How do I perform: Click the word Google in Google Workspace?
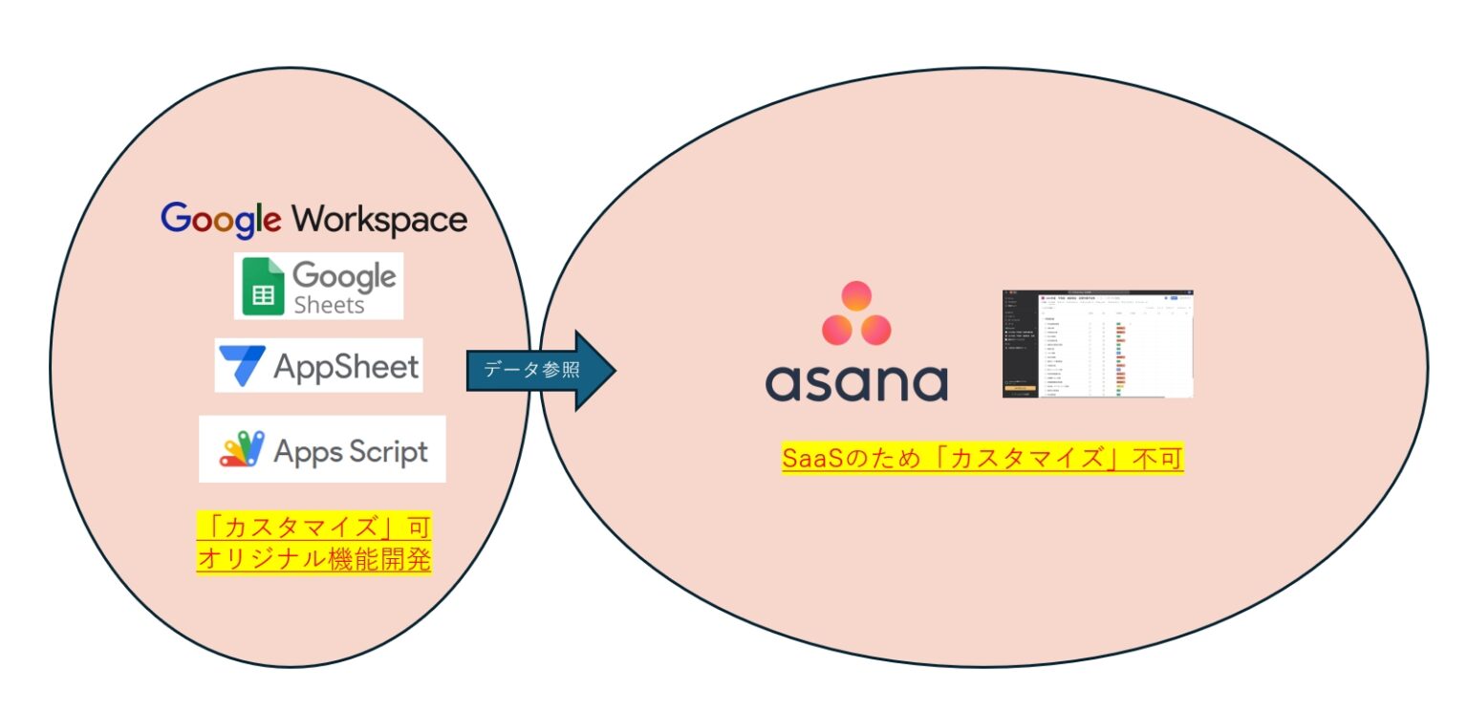[221, 220]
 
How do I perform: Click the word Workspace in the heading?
[379, 220]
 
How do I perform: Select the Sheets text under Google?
[329, 305]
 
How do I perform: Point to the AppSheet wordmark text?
[346, 366]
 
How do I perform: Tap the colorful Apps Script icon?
[242, 449]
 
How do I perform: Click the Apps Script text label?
[351, 451]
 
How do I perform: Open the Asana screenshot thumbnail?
[1097, 344]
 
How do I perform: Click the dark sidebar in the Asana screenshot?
[1020, 344]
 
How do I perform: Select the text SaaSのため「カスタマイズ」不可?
[982, 460]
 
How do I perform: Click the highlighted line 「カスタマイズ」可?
[313, 527]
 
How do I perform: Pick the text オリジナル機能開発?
[313, 558]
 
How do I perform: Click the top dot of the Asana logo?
[855, 295]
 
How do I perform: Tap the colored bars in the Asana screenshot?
[1120, 358]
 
